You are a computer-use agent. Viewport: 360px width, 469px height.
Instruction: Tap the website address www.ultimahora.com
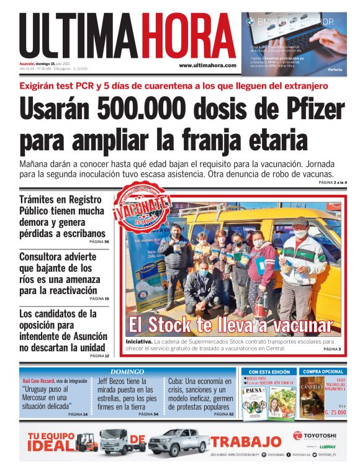(x=207, y=65)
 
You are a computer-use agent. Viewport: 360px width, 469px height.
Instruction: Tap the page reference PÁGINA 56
(x=99, y=241)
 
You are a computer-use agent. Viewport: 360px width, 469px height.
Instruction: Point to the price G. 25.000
(x=334, y=412)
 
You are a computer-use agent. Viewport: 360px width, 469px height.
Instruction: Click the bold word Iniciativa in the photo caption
(x=138, y=341)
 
